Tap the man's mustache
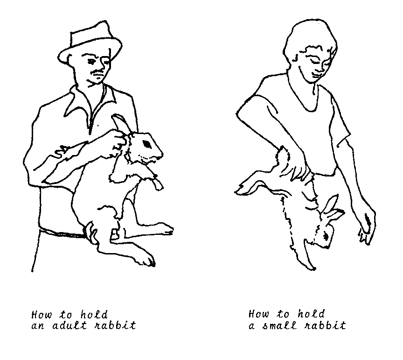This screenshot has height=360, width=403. [x=97, y=71]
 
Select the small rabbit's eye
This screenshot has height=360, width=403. [x=327, y=236]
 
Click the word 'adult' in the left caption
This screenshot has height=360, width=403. [x=69, y=325]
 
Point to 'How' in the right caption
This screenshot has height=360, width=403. [x=258, y=314]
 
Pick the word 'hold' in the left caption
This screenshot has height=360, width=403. [x=94, y=314]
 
